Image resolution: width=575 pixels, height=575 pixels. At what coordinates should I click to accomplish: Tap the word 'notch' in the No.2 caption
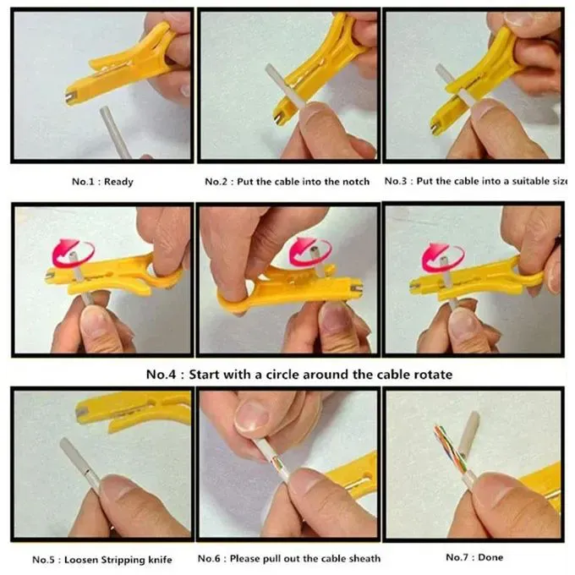pos(353,182)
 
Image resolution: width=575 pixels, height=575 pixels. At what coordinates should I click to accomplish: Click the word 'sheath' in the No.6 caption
pos(362,559)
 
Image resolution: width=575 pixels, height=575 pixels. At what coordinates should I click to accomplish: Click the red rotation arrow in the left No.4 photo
pos(68,252)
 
